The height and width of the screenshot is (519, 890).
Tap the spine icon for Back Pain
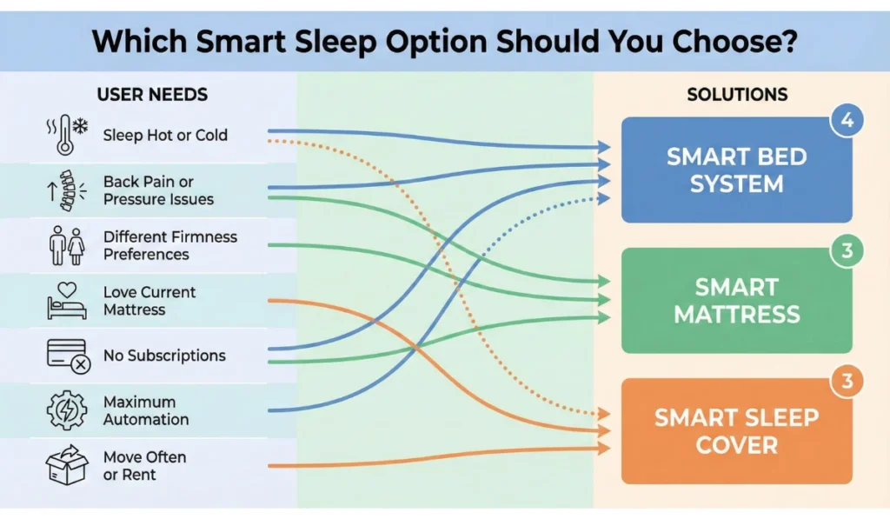point(67,190)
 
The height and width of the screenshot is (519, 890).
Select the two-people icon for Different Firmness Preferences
point(67,246)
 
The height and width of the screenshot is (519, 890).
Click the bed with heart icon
point(67,301)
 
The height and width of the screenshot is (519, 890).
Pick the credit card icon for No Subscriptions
point(67,356)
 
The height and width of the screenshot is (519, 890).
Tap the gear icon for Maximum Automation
point(67,410)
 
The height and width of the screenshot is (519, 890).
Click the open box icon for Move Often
point(67,466)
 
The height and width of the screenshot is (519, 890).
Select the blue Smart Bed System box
point(736,170)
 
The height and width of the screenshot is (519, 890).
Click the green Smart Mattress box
point(736,300)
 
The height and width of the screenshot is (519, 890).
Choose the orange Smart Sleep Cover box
point(736,431)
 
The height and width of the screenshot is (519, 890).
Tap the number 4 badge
point(847,121)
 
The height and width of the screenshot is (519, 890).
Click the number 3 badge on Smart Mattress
point(847,252)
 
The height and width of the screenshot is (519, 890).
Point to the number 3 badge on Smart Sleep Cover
point(847,383)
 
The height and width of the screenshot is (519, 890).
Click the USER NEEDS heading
point(152,94)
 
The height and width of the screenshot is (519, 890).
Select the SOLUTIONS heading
point(737,94)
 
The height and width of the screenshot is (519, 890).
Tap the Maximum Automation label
point(146,410)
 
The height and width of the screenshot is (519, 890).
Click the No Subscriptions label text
point(164,356)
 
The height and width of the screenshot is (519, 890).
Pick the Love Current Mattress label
point(149,301)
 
